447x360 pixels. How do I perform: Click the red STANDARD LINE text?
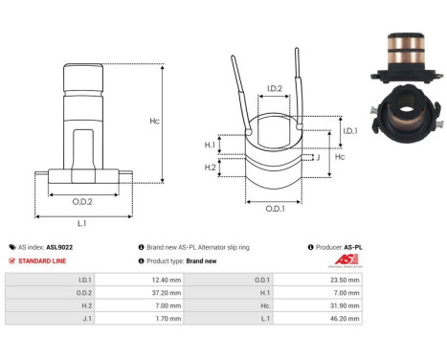coord(48,260)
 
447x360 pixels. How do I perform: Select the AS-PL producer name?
coord(353,247)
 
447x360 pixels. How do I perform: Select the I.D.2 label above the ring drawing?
coord(274,89)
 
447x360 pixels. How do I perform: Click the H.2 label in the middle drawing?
coord(211,167)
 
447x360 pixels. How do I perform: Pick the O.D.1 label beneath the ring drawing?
coord(275,209)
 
